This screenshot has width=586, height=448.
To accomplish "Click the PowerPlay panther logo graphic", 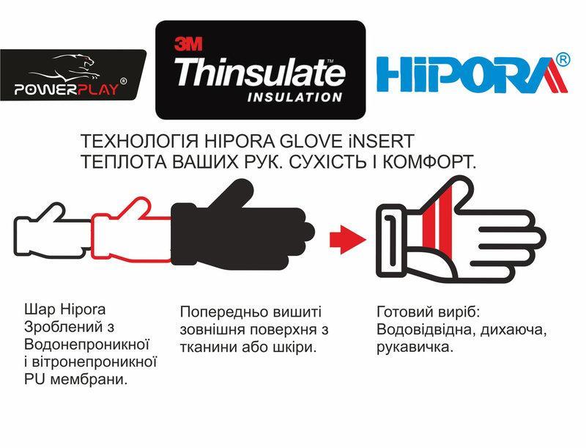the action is [x=75, y=67].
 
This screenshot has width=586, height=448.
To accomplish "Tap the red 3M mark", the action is [x=188, y=44].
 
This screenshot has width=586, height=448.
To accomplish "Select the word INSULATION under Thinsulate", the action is [x=294, y=98].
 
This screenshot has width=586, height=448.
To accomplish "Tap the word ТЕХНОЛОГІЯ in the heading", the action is [x=140, y=142].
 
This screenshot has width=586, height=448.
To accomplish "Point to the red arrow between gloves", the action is [x=347, y=239].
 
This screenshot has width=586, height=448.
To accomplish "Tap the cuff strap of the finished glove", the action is [x=390, y=241].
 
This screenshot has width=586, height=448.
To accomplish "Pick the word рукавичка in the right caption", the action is [x=415, y=348].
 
